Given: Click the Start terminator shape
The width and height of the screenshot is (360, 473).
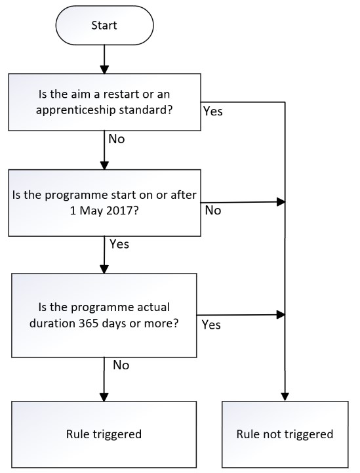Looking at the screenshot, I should (104, 25).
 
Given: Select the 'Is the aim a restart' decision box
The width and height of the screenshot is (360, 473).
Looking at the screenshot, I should (104, 102).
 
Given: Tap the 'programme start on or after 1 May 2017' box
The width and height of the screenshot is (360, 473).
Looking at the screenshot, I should (104, 203).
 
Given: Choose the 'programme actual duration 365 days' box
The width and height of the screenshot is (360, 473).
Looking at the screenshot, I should (104, 315).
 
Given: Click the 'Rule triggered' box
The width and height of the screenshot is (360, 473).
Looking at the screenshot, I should (104, 434).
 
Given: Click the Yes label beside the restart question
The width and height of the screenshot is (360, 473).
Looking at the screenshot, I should (213, 112).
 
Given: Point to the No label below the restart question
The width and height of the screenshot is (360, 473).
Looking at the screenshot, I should (115, 139).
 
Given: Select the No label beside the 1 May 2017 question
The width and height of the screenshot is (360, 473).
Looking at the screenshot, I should (213, 211).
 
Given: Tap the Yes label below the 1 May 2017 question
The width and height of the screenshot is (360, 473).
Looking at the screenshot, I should (119, 244).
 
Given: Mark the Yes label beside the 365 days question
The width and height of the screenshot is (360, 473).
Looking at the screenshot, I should (211, 325).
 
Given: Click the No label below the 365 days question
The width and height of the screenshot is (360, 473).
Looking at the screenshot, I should (121, 365).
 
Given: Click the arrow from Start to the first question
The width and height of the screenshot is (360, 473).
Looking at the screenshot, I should (104, 60).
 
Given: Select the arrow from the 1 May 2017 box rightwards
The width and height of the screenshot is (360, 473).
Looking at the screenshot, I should (243, 202).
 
